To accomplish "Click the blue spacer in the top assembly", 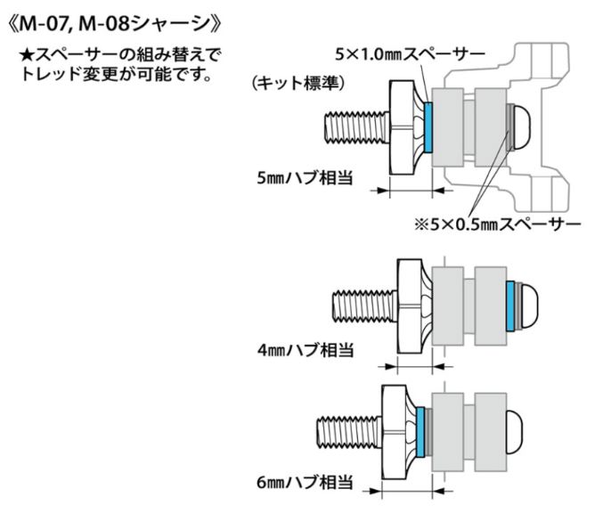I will pos(428,126).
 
